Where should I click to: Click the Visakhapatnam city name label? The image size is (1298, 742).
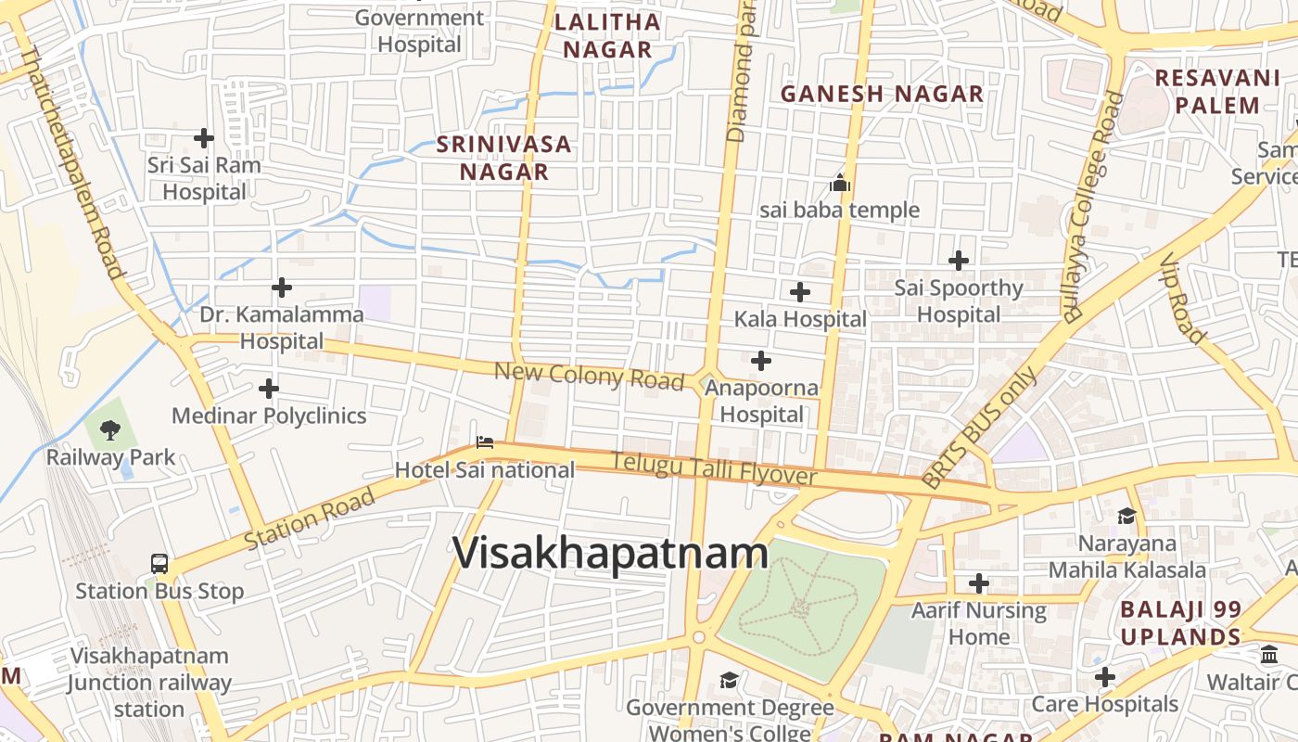[610, 553]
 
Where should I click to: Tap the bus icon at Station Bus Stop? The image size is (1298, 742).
[159, 563]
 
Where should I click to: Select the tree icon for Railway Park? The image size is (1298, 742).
[110, 429]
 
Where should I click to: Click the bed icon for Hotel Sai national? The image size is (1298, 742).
[484, 442]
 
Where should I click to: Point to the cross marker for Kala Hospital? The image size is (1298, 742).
[799, 292]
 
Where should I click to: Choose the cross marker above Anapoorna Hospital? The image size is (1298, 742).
[761, 360]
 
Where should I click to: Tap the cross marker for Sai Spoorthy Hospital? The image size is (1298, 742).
[959, 261]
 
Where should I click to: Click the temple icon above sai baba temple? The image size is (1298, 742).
[840, 183]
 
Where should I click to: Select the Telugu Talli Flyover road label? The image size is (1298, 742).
[714, 468]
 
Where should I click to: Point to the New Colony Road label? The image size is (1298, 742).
[589, 377]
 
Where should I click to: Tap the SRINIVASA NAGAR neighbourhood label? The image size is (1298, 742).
[504, 158]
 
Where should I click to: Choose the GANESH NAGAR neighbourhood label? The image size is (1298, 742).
[882, 94]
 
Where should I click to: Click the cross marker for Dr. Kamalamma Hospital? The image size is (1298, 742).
[282, 288]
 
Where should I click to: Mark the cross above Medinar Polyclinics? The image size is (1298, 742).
[269, 388]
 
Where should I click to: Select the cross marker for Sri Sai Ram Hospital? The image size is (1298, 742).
[204, 138]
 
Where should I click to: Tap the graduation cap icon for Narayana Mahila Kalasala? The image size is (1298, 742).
[1126, 516]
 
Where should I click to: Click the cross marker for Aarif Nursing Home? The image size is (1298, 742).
[979, 583]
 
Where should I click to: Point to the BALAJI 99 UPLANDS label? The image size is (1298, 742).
[1180, 623]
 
